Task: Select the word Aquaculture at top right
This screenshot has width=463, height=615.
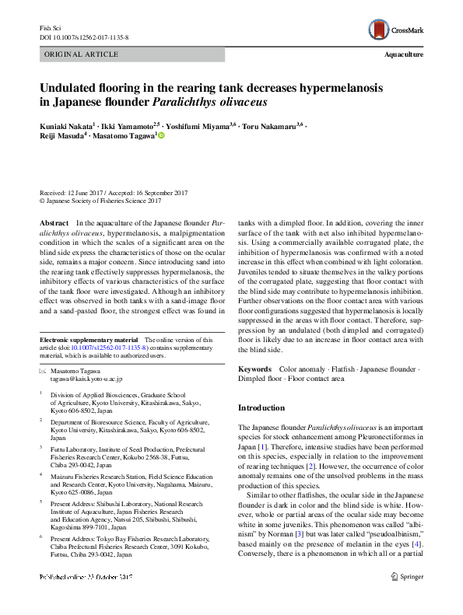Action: point(404,55)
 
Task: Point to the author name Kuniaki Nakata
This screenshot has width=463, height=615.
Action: point(68,124)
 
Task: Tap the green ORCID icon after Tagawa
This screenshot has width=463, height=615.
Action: point(162,135)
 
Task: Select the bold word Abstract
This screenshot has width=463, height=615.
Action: point(54,222)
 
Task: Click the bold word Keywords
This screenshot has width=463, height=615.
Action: point(254,369)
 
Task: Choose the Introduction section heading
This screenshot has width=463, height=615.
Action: point(261,407)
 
